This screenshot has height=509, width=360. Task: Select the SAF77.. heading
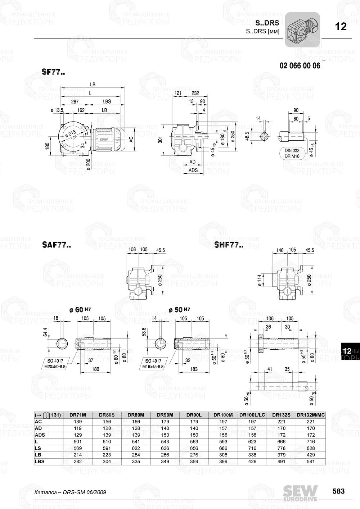click(x=56, y=245)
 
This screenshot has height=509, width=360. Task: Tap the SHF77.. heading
click(x=229, y=245)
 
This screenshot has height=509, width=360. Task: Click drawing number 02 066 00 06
click(x=300, y=65)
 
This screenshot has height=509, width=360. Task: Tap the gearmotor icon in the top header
click(x=302, y=30)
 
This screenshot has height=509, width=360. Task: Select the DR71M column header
click(x=77, y=415)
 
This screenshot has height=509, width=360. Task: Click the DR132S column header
click(x=281, y=415)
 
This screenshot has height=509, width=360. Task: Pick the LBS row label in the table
click(x=40, y=462)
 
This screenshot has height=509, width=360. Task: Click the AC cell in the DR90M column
click(x=165, y=422)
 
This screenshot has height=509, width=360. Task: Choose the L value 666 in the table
click(x=281, y=441)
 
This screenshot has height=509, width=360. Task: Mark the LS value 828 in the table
click(x=311, y=448)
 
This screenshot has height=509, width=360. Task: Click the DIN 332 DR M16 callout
click(x=292, y=154)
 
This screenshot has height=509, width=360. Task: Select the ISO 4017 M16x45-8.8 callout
click(x=154, y=364)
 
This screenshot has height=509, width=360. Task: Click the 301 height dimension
click(x=161, y=139)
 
